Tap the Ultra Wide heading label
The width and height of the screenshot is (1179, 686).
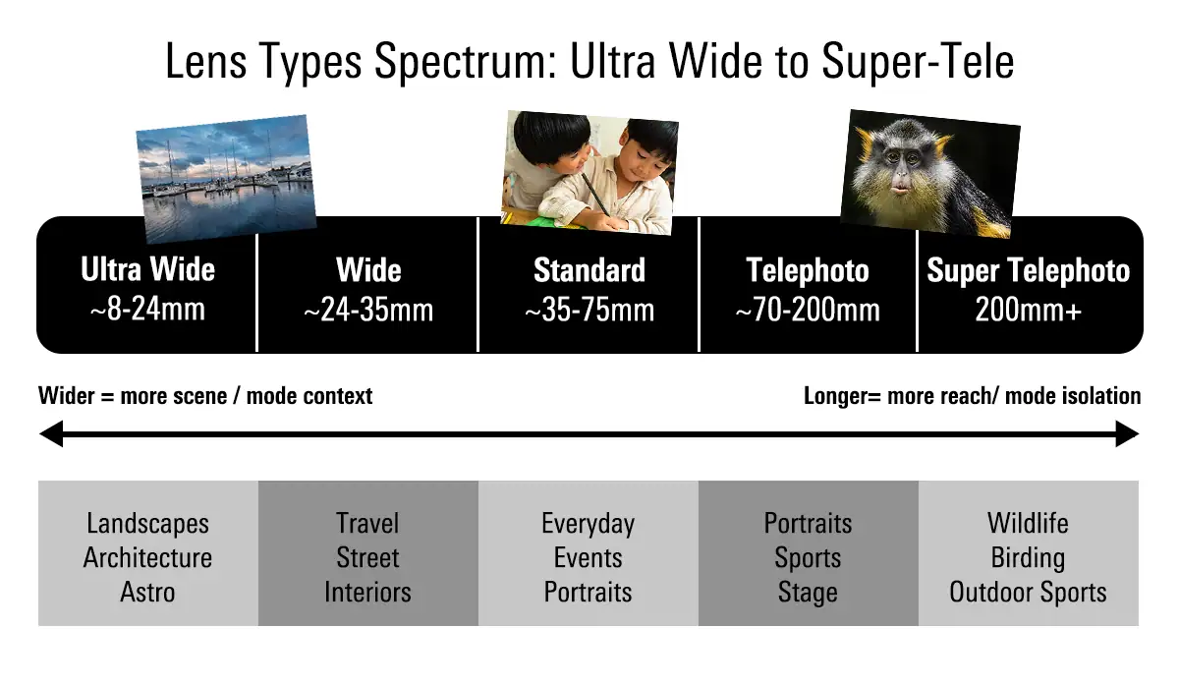point(147,270)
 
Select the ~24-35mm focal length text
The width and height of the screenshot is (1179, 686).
point(368,311)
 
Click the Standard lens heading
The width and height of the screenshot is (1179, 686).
point(589,270)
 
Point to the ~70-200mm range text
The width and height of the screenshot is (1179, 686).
point(808,311)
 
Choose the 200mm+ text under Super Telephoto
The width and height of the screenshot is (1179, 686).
point(1028,311)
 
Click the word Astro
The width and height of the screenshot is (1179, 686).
point(147,593)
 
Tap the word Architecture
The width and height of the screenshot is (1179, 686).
point(147,558)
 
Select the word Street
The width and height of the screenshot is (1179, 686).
point(367,558)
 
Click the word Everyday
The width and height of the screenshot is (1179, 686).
point(588,524)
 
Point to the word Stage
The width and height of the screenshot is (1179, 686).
point(808,593)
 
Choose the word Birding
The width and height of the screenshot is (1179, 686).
point(1028,558)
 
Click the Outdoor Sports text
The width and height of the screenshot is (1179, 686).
point(1028,593)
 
